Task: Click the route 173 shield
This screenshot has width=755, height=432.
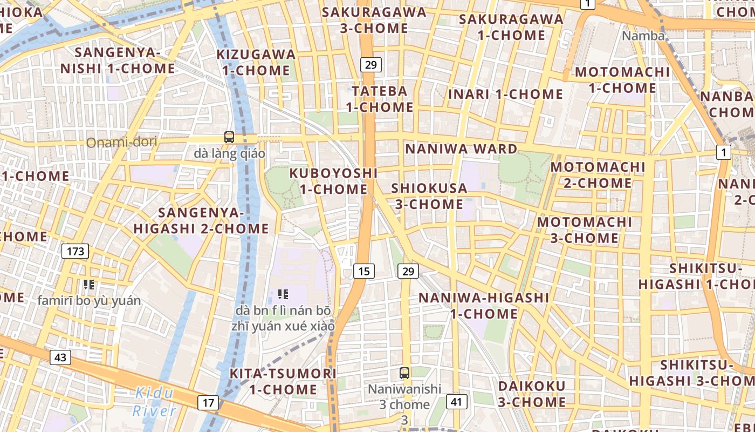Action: click(x=75, y=251)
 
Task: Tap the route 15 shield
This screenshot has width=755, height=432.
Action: click(x=364, y=271)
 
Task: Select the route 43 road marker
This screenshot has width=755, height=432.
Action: click(x=60, y=357)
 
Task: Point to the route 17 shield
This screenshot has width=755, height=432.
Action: click(x=209, y=402)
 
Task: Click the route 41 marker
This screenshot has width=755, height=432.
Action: click(x=457, y=402)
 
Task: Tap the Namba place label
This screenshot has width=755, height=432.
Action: click(x=643, y=36)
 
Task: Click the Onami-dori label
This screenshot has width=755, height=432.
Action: click(x=122, y=143)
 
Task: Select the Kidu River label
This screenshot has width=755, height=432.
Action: click(x=154, y=402)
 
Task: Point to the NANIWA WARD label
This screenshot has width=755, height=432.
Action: click(x=461, y=148)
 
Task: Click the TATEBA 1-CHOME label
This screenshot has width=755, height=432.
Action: click(x=380, y=99)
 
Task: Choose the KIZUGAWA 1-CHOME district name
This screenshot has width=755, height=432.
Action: click(x=256, y=62)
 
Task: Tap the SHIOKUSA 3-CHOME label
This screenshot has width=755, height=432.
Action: click(x=429, y=196)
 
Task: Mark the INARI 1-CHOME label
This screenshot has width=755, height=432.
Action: click(x=506, y=94)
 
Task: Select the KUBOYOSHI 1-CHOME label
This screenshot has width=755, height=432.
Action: click(x=334, y=181)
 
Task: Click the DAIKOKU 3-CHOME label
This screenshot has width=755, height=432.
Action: click(x=532, y=394)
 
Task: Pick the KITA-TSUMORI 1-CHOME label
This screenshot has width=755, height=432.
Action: click(x=283, y=381)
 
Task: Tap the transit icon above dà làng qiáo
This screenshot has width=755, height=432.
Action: click(x=229, y=137)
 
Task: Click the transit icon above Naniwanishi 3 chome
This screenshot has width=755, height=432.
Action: click(x=404, y=373)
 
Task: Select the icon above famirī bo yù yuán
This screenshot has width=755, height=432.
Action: click(x=89, y=285)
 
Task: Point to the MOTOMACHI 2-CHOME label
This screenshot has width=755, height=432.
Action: click(x=598, y=174)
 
